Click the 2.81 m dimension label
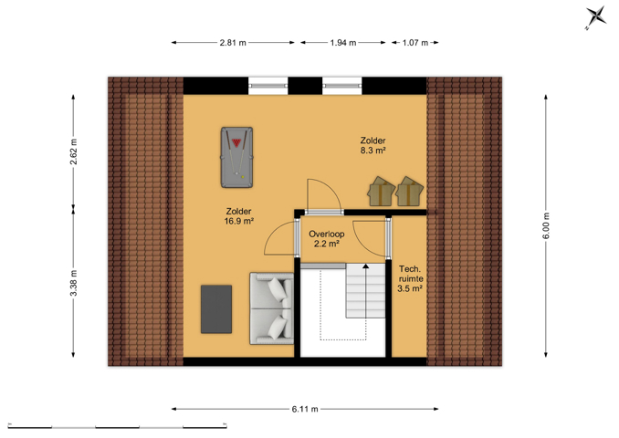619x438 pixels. pyautogui.click(x=233, y=43)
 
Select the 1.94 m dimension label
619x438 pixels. pyautogui.click(x=343, y=43)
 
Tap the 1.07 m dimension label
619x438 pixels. pyautogui.click(x=415, y=43)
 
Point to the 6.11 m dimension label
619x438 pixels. pyautogui.click(x=305, y=409)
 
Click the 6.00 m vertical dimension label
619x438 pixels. pyautogui.click(x=546, y=225)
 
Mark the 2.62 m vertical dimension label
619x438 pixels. pyautogui.click(x=74, y=151)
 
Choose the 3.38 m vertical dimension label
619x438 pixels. pyautogui.click(x=74, y=283)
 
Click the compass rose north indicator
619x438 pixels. pyautogui.click(x=595, y=17)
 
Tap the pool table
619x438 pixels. pyautogui.click(x=236, y=157)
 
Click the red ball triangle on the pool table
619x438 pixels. pyautogui.click(x=236, y=142)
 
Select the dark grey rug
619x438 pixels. pyautogui.click(x=216, y=309)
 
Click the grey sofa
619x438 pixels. pyautogui.click(x=271, y=308)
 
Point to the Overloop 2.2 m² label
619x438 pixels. pyautogui.click(x=327, y=239)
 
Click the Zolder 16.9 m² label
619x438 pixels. pyautogui.click(x=239, y=216)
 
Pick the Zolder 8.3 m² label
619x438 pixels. pyautogui.click(x=372, y=145)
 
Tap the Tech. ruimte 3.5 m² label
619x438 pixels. pyautogui.click(x=410, y=278)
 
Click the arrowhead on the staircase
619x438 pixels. pyautogui.click(x=366, y=266)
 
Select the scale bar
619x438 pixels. pyautogui.click(x=117, y=426)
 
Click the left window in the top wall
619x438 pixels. pyautogui.click(x=268, y=86)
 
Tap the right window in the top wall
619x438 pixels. pyautogui.click(x=341, y=86)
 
